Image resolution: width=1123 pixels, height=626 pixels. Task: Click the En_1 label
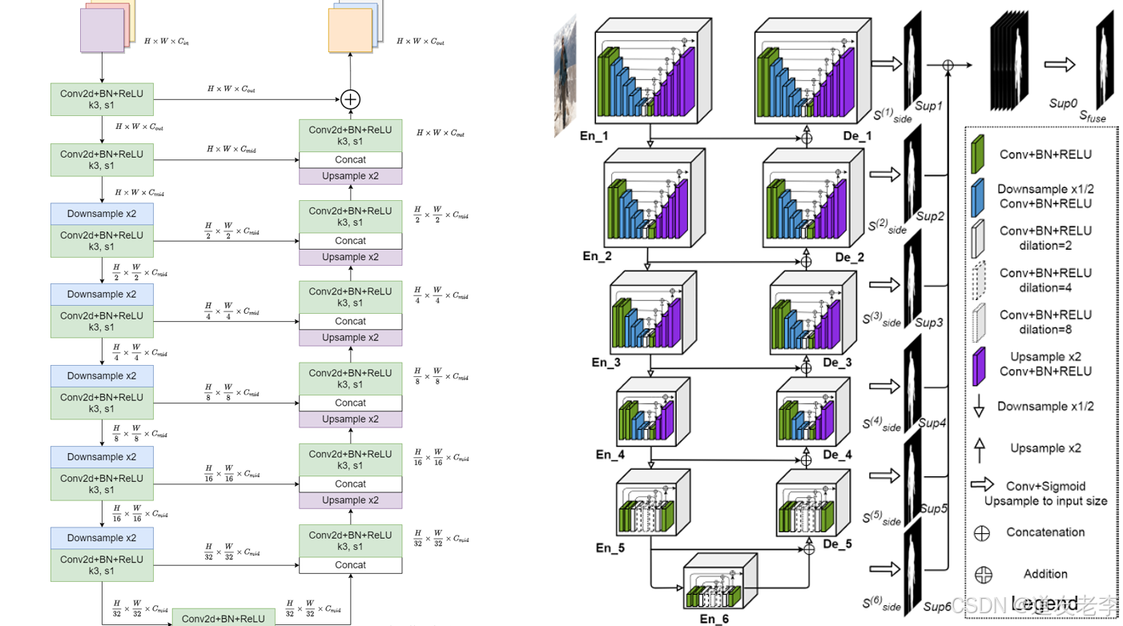[594, 137]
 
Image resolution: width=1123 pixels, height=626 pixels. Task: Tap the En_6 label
[714, 619]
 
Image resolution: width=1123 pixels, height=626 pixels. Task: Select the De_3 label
[837, 363]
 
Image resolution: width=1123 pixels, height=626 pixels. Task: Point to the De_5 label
[838, 544]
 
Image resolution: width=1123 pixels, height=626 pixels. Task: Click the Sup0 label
[1063, 103]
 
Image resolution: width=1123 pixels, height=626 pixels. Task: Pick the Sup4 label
[932, 423]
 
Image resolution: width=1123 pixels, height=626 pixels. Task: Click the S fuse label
[1092, 117]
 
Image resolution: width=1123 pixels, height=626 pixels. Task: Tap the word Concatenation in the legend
[1045, 532]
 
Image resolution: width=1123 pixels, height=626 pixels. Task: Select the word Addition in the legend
[1045, 574]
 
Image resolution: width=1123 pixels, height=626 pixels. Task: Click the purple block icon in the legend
[978, 365]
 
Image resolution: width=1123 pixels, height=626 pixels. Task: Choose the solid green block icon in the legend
[978, 154]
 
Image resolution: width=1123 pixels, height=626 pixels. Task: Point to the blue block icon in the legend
[978, 197]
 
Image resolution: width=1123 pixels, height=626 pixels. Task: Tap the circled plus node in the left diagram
[350, 99]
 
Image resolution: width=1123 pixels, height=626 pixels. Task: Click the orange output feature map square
[350, 30]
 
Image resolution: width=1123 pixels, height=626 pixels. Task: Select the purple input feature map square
[102, 30]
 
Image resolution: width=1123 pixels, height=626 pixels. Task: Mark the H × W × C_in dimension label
[167, 40]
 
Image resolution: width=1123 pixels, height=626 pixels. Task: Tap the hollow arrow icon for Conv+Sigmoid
[983, 484]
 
